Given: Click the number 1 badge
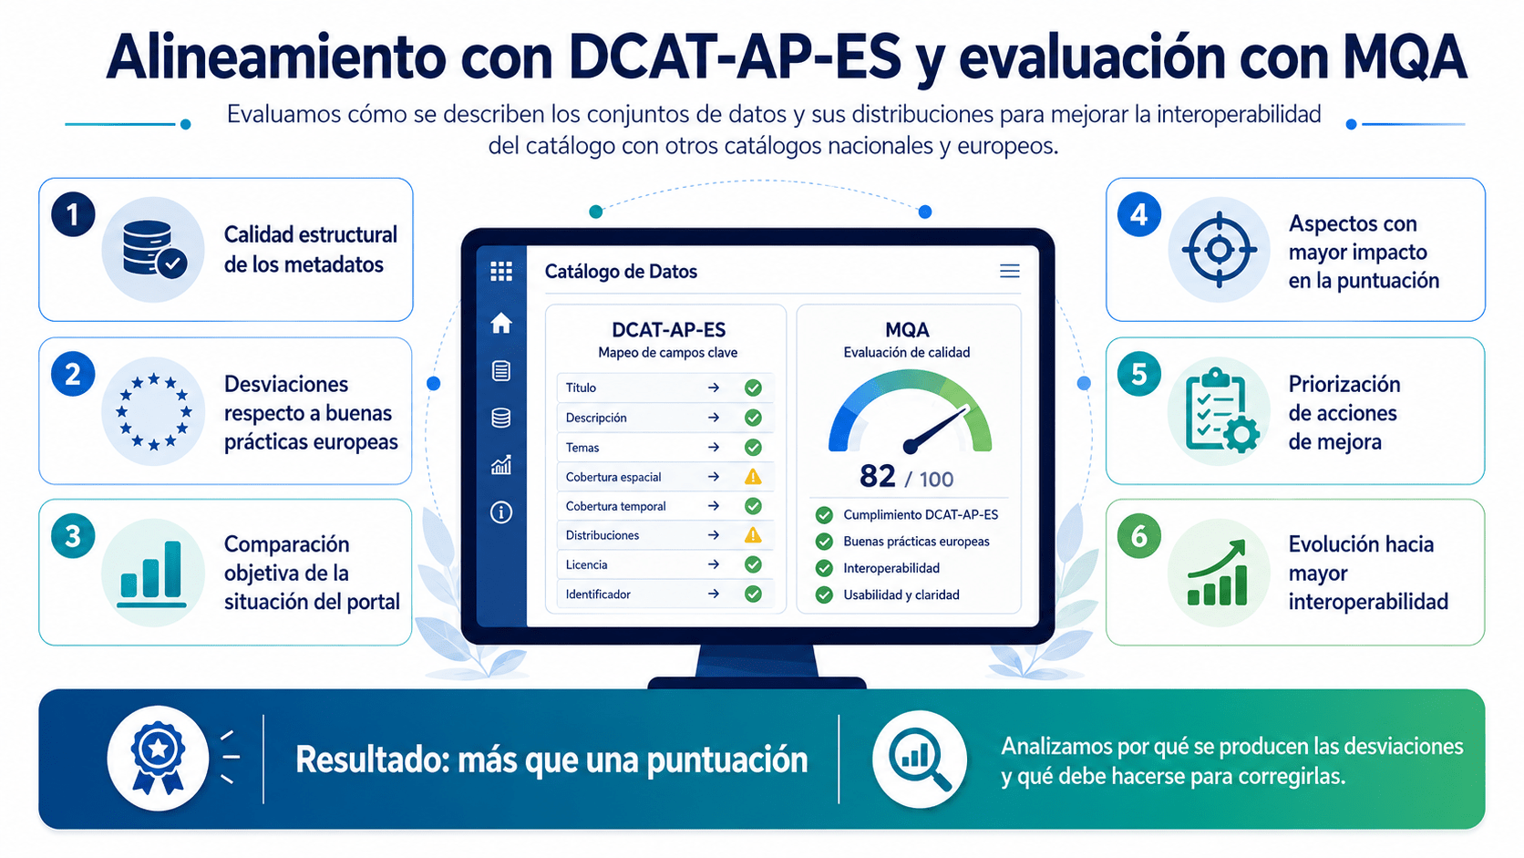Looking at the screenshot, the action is pos(73,214).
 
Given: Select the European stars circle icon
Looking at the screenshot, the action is pos(154,411).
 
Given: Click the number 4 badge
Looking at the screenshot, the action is pos(1139,214).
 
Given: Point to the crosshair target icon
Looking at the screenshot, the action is pos(1220,250).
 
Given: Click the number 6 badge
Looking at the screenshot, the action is pos(1139,536).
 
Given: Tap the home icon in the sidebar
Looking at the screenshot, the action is pos(501,323).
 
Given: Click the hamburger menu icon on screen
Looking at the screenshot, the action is pos(1010,272).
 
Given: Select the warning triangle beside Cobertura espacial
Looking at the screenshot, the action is pos(753,476).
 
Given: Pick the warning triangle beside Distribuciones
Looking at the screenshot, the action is pos(753,535).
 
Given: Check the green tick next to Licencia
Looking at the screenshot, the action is pos(753,564).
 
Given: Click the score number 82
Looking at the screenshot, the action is pos(877,476).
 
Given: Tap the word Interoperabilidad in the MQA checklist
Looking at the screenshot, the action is pos(891,568).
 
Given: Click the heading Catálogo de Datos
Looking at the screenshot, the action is pos(621,272).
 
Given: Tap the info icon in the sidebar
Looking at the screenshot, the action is pos(501,512).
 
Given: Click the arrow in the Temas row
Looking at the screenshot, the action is pos(713,447).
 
